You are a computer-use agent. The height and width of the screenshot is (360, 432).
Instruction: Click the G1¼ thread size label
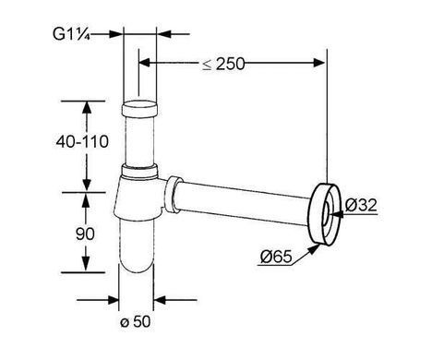coord(71,34)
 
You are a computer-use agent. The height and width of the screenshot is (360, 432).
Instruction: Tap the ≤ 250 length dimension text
coord(223,64)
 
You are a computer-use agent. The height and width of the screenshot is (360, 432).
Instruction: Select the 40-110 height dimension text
coord(82,142)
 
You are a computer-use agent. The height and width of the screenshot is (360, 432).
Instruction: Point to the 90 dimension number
coord(85,234)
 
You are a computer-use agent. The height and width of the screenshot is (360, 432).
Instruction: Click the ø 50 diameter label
coord(136,322)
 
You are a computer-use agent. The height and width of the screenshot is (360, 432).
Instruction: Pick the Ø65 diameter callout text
coord(276,257)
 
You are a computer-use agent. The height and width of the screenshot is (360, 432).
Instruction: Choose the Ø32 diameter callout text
coord(361,205)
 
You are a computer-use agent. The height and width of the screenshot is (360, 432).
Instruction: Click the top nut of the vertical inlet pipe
coord(139,110)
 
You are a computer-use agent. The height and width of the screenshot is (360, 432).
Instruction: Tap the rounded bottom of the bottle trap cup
coord(136,265)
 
